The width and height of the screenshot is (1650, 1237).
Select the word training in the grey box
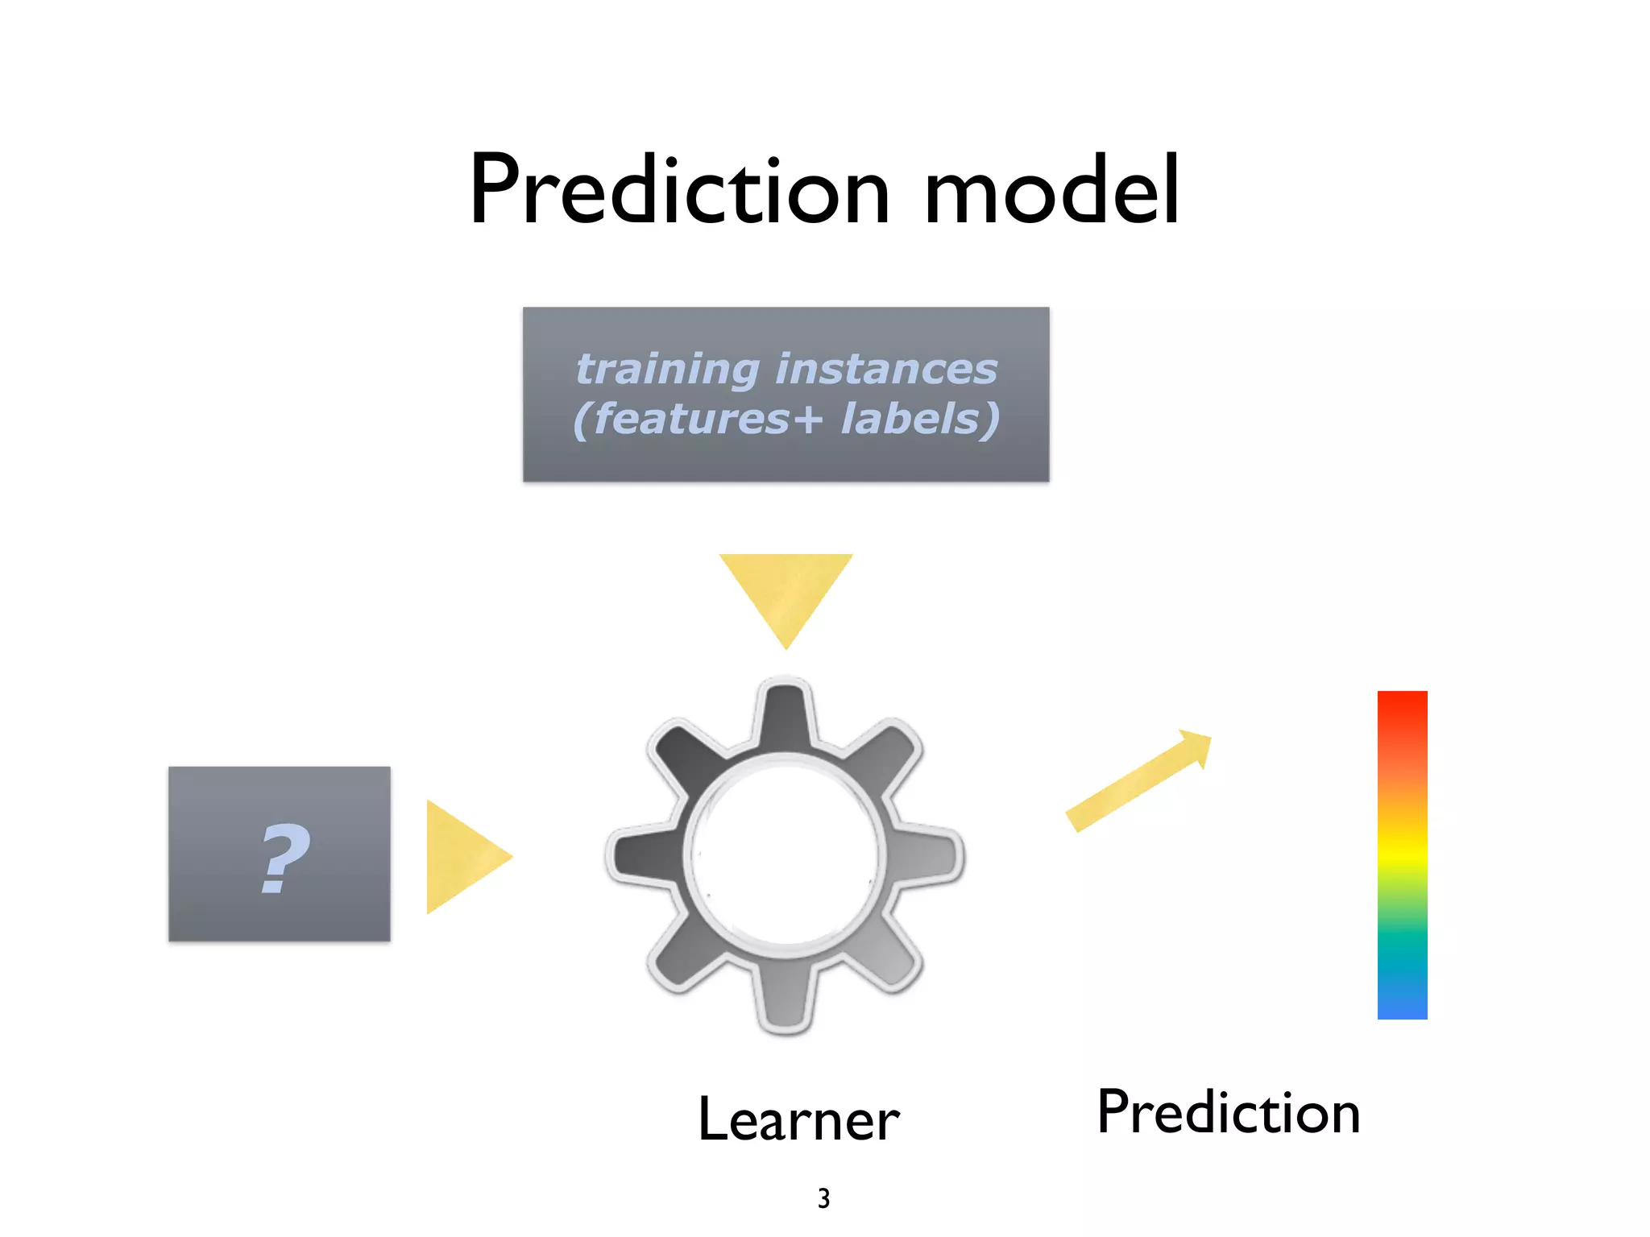[x=667, y=370]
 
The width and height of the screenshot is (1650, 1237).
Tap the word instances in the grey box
[x=886, y=370]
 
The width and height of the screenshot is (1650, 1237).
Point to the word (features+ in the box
[x=698, y=420]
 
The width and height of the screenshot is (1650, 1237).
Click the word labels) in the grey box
[x=920, y=420]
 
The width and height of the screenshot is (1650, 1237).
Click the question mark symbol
[x=284, y=858]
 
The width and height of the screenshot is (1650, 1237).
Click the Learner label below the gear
[x=798, y=1119]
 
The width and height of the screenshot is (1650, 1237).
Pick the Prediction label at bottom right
[x=1228, y=1113]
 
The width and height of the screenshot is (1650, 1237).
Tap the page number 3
[x=823, y=1198]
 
